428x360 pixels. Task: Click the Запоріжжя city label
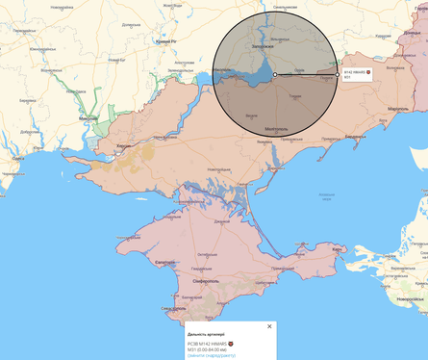tap(263, 44)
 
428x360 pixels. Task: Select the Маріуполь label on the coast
tap(397, 109)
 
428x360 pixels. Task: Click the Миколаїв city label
tap(88, 118)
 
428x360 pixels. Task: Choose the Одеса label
tap(18, 158)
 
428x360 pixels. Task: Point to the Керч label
tap(337, 247)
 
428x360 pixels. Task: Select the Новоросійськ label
tap(403, 299)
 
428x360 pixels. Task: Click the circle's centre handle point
tap(275, 74)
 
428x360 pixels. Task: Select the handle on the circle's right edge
tap(338, 74)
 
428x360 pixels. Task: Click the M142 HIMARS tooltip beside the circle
tap(356, 74)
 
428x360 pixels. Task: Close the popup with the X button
tap(269, 326)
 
